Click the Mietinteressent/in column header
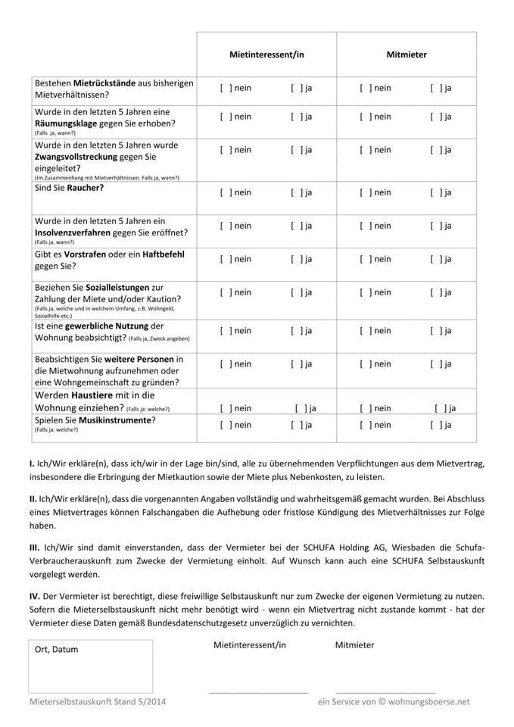coord(266,55)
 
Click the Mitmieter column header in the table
coord(407,55)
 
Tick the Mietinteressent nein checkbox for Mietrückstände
coord(224,88)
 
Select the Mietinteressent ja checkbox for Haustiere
coord(301,408)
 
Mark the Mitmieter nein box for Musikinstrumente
coord(364,425)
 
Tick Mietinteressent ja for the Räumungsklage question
coord(295,117)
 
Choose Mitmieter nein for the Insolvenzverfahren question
coord(364,226)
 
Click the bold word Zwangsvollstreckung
coord(86,157)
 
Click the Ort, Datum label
coord(57,649)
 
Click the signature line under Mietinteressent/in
coord(257,692)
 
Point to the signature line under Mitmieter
coord(385,692)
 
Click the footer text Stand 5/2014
coord(144,702)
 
